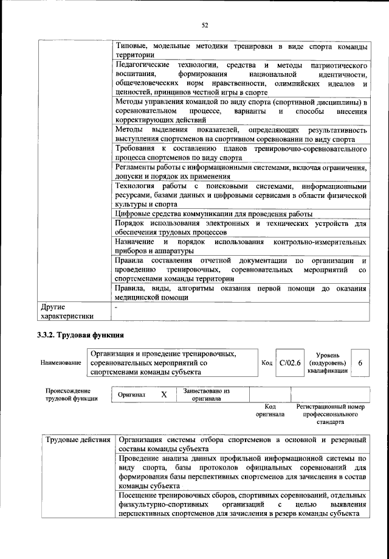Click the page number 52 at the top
(x=205, y=25)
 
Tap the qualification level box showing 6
(x=360, y=362)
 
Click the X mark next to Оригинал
(x=164, y=394)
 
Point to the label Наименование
(x=61, y=362)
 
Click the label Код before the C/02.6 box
(x=266, y=362)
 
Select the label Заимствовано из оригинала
(x=207, y=394)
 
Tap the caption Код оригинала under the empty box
(x=270, y=410)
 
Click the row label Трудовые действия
(x=77, y=439)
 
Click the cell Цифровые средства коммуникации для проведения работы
(x=213, y=214)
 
